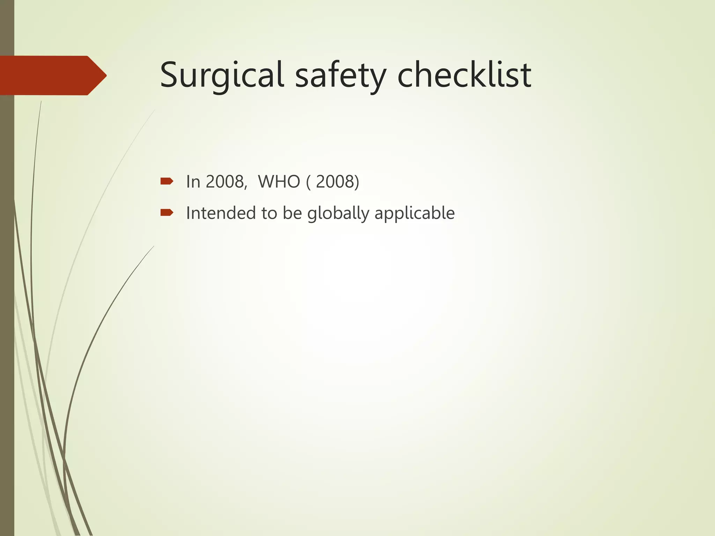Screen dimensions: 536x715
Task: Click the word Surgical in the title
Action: pyautogui.click(x=221, y=75)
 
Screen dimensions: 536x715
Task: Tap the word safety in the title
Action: pyautogui.click(x=341, y=75)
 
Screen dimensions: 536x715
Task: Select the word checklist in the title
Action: pyautogui.click(x=464, y=75)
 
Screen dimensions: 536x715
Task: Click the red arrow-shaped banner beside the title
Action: pyautogui.click(x=52, y=75)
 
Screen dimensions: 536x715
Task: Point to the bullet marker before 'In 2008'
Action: pyautogui.click(x=167, y=181)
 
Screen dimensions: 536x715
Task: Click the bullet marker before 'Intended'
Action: pyautogui.click(x=167, y=213)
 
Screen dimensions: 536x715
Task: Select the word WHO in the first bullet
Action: pyautogui.click(x=279, y=182)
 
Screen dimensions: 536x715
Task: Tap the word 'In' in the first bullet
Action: pyautogui.click(x=193, y=182)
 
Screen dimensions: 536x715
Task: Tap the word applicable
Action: pyautogui.click(x=414, y=214)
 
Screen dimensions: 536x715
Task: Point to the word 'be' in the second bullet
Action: pyautogui.click(x=292, y=213)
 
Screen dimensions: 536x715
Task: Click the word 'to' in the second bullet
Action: pyautogui.click(x=269, y=213)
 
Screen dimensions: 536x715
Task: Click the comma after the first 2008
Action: pyautogui.click(x=246, y=187)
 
